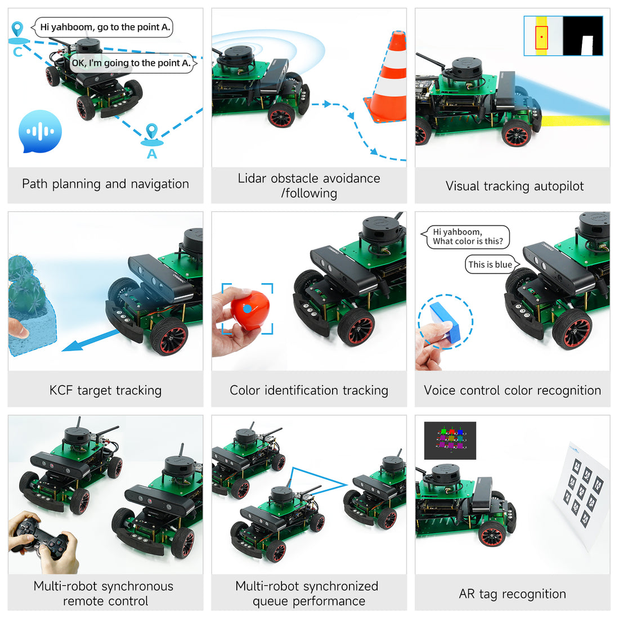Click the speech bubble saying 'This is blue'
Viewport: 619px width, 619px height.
click(490, 264)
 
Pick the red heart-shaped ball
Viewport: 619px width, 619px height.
click(250, 309)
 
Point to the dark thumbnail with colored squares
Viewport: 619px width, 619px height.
click(450, 441)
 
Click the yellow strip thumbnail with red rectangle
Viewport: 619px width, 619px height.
click(543, 35)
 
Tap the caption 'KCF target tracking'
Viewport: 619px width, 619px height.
click(105, 390)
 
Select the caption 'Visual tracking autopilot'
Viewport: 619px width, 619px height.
click(514, 186)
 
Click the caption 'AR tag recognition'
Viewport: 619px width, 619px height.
click(513, 594)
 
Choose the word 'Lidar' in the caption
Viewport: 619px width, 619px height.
click(252, 178)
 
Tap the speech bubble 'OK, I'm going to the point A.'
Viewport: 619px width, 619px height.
click(131, 63)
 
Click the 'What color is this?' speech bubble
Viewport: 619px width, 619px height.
click(468, 237)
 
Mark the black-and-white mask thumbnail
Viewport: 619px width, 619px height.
click(583, 35)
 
